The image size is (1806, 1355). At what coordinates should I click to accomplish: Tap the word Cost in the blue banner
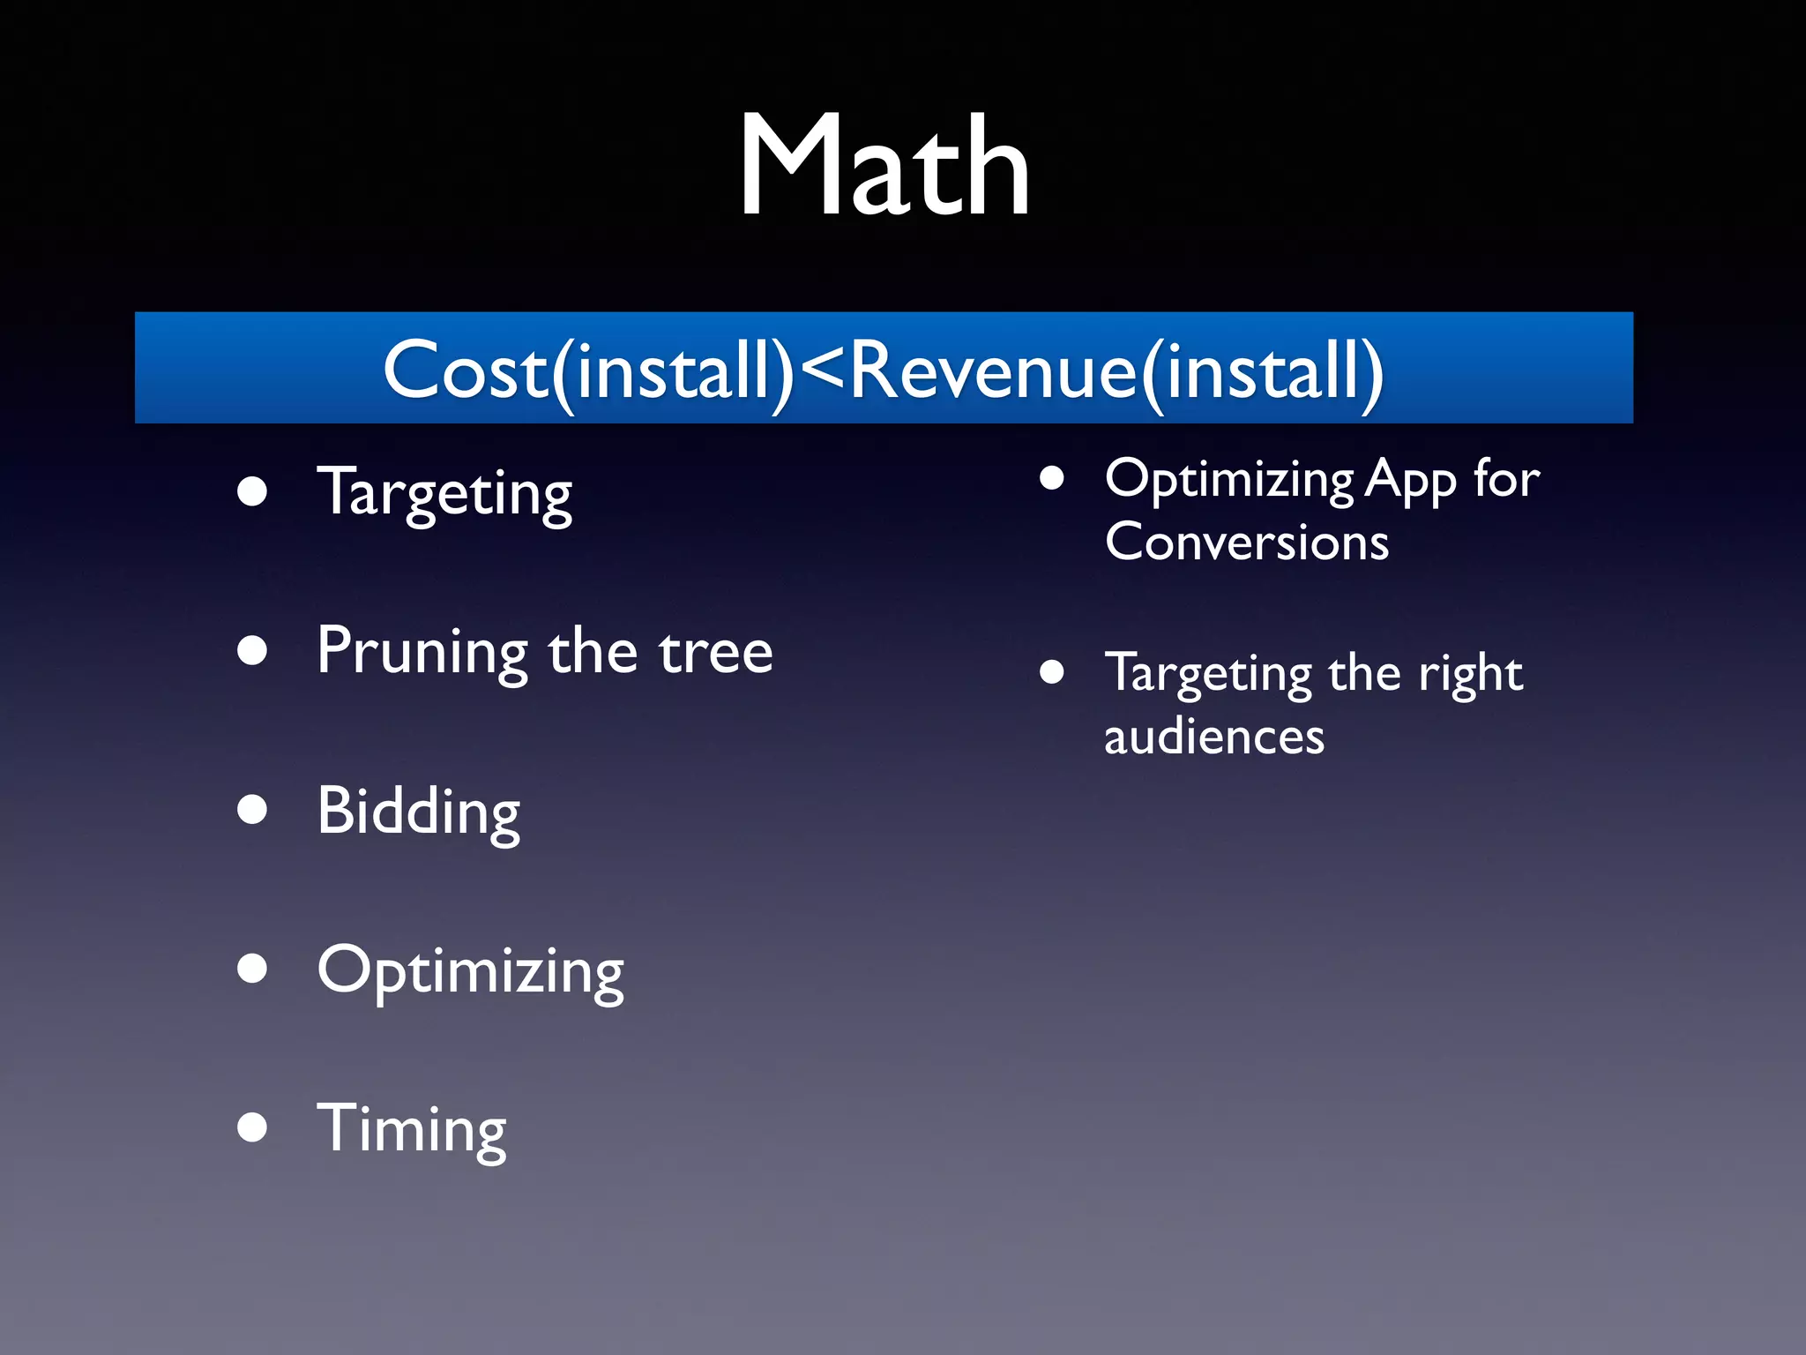tap(466, 371)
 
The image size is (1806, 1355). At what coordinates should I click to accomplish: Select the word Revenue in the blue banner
tap(993, 371)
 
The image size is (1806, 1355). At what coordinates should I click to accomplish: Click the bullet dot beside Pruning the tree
tap(252, 650)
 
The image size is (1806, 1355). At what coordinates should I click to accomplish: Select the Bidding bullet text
tap(418, 812)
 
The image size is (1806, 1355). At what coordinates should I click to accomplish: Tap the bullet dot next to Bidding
tap(252, 809)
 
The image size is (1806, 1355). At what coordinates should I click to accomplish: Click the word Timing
tap(411, 1130)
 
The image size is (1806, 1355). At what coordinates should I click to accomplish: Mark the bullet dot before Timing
tap(252, 1127)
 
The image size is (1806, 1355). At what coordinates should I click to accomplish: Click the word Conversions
tap(1246, 542)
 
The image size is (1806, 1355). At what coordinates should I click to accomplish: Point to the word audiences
tap(1213, 737)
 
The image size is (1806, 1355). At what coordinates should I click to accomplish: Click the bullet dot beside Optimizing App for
tap(1051, 478)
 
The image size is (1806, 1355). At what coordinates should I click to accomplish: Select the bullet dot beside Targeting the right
tap(1051, 672)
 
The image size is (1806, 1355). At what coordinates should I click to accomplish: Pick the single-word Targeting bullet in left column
tap(444, 494)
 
